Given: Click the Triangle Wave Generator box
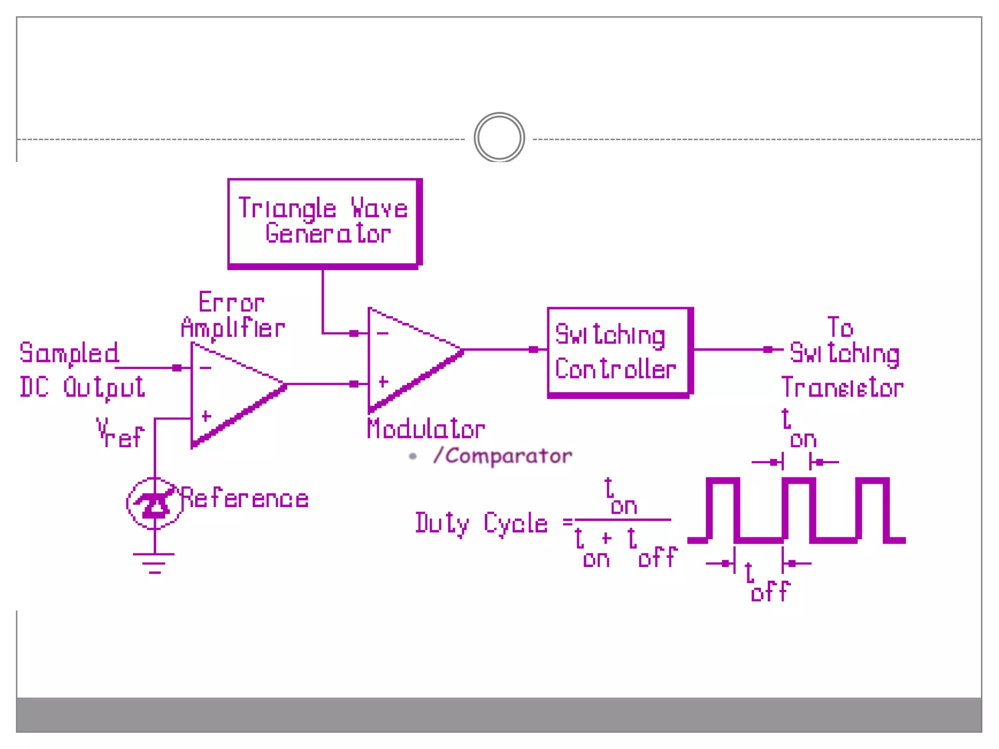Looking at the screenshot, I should click(324, 222).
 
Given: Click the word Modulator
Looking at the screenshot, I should click(425, 429).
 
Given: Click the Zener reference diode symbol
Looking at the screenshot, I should click(155, 503).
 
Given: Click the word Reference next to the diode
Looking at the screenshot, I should click(245, 498).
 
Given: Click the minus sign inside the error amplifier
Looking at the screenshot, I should click(206, 368).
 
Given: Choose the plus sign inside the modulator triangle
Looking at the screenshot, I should click(383, 382).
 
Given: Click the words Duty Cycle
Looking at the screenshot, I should click(481, 524).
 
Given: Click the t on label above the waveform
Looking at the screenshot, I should click(798, 429).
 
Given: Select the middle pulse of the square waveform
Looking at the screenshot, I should click(799, 510).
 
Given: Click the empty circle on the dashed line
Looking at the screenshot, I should click(499, 138).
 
